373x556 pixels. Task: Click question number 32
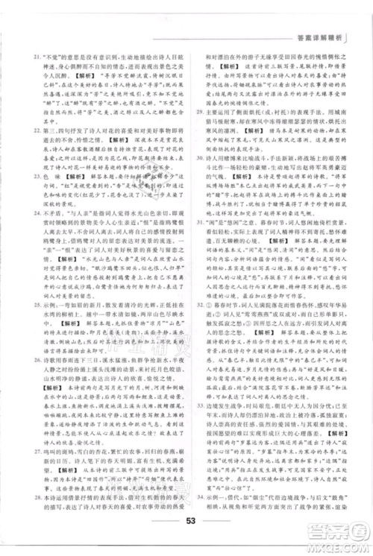pos(196,326)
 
